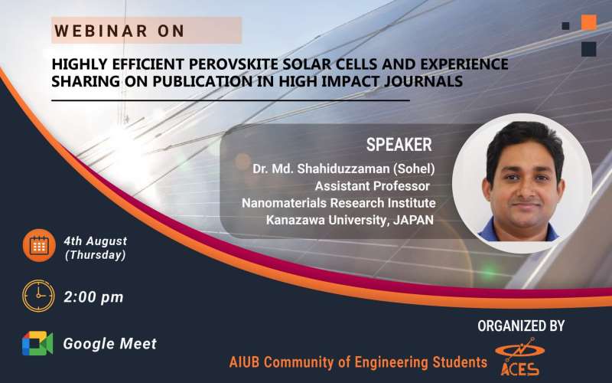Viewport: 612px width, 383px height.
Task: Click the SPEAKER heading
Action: (399, 145)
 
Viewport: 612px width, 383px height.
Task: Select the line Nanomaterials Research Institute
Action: (338, 203)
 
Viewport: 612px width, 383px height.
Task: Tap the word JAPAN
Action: (412, 221)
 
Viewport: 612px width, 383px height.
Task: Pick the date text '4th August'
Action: (96, 241)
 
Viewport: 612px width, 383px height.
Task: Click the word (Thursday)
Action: (96, 255)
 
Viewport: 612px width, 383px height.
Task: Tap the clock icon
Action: (38, 296)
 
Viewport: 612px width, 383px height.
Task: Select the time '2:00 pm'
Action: (93, 297)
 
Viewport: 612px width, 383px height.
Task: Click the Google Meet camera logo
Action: (37, 344)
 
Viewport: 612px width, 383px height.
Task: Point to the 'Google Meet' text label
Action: (109, 344)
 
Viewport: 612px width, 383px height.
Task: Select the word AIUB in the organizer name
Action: (246, 362)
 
